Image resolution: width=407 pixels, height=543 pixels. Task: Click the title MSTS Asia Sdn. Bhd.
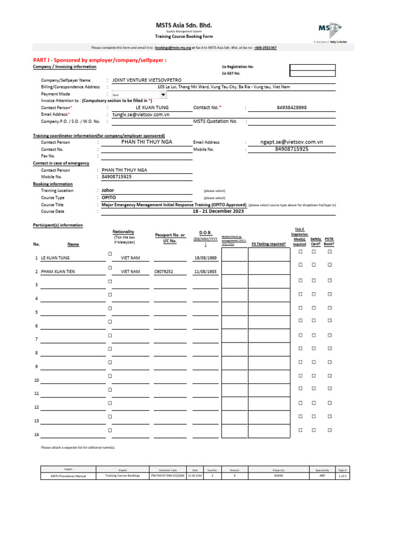(183, 25)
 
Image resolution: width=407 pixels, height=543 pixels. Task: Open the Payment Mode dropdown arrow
(163, 95)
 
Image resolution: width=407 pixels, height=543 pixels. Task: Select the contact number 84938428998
(291, 108)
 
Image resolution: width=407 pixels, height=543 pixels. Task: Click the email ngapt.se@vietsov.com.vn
(291, 142)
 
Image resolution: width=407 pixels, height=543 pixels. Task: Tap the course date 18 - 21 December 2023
(218, 211)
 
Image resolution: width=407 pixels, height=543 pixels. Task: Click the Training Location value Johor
(108, 190)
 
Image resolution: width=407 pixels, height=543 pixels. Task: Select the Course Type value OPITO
(109, 197)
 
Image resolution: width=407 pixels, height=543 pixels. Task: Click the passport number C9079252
(164, 271)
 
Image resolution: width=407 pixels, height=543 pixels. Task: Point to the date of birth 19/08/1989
(205, 258)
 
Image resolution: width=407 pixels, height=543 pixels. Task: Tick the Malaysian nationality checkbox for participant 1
(110, 254)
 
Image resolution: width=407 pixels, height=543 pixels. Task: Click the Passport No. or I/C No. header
(170, 238)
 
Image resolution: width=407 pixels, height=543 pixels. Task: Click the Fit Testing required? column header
(269, 244)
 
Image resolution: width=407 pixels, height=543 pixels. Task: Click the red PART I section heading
(100, 60)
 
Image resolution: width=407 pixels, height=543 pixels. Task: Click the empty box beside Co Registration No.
(312, 67)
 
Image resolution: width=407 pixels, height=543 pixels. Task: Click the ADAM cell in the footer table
(279, 476)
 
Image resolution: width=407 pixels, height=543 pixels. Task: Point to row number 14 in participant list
(37, 435)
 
